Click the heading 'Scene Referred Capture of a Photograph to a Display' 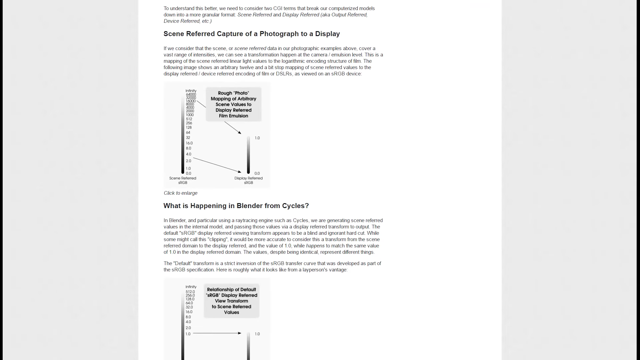[252, 34]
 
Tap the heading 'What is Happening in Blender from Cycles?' [236, 206]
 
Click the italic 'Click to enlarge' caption [180, 193]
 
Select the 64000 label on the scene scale [191, 95]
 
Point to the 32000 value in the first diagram [191, 98]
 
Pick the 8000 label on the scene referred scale [190, 104]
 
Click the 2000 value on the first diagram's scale [190, 111]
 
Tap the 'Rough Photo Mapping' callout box [233, 104]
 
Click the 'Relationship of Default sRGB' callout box [231, 301]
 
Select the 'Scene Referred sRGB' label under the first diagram [183, 180]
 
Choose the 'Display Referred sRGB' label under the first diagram [248, 180]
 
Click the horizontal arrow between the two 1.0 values [217, 333]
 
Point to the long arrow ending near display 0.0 [217, 165]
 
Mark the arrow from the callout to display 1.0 [232, 127]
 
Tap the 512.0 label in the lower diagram [190, 292]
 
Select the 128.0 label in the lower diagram [190, 299]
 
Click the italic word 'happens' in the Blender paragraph [315, 246]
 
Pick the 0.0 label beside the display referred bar [257, 173]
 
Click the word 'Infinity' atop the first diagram [191, 91]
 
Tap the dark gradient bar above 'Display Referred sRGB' [248, 155]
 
